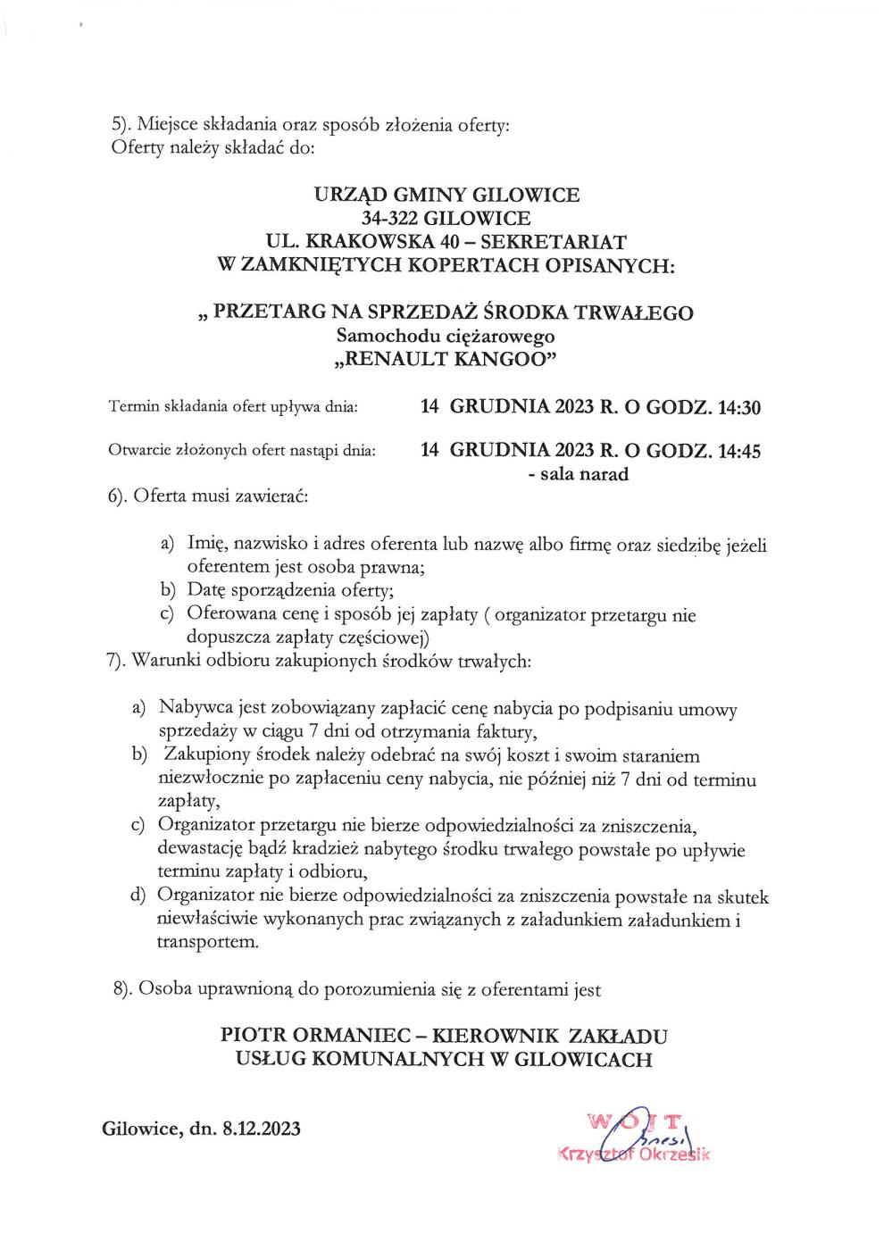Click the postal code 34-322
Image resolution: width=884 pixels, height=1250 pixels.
click(393, 218)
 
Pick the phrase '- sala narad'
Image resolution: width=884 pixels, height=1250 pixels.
click(579, 474)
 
